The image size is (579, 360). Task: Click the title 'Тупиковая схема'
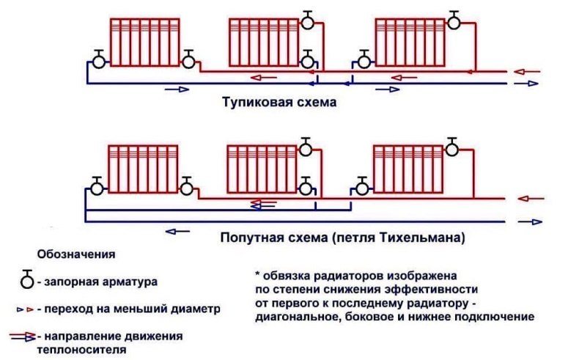279,101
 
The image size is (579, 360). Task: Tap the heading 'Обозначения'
76,254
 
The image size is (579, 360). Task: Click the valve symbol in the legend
27,279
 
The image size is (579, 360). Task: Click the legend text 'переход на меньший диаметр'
132,309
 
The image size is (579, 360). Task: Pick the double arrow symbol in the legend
23,337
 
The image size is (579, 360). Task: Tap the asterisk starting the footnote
258,275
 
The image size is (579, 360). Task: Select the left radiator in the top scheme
145,43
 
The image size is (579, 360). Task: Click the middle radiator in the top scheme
264,43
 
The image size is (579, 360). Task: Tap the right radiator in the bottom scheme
408,169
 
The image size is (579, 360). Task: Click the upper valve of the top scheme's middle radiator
308,21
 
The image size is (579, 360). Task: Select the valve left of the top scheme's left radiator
99,60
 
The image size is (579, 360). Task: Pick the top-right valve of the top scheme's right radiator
454,21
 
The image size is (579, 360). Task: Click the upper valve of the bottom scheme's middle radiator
306,148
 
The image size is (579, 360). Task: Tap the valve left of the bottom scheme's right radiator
362,188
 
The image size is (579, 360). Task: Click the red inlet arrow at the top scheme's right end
527,72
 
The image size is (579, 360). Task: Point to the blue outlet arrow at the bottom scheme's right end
530,222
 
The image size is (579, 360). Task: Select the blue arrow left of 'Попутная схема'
177,232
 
